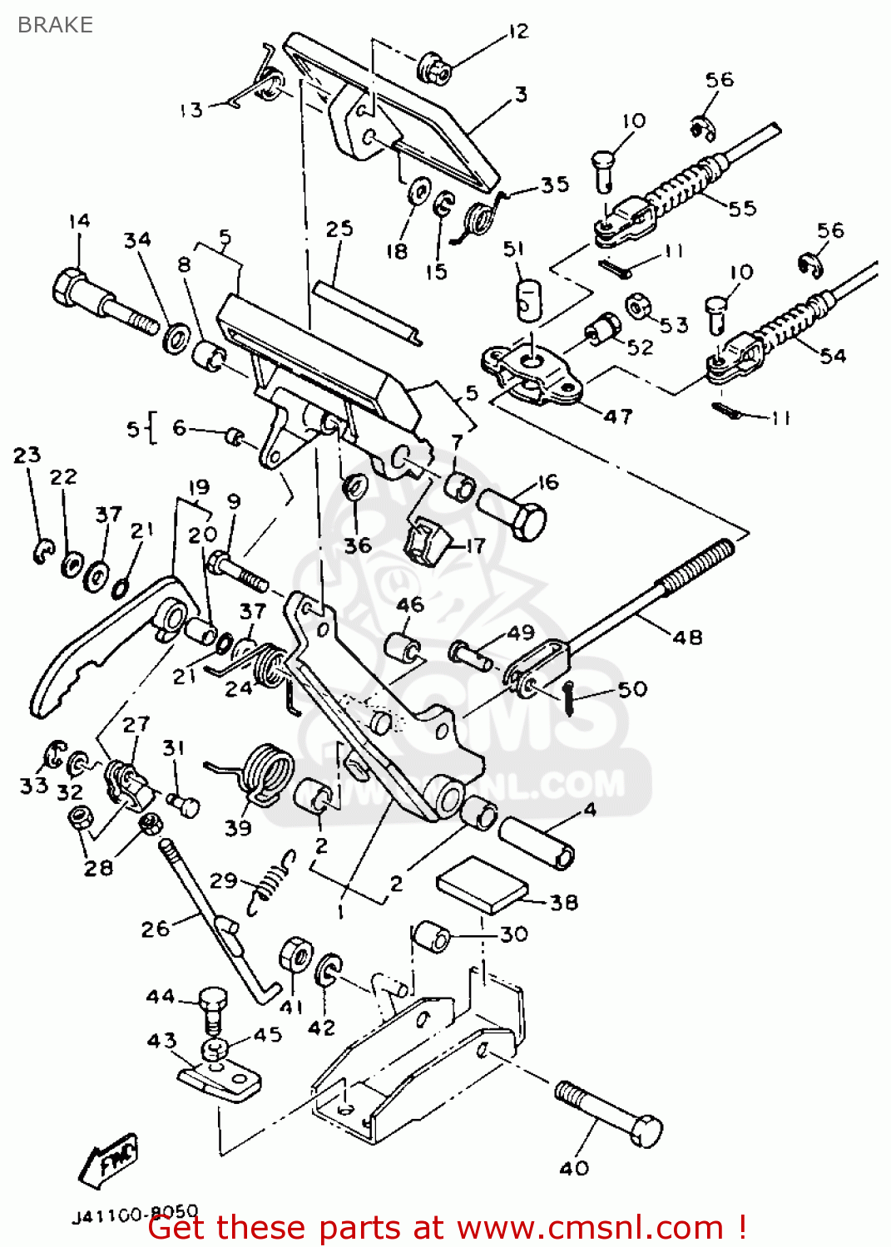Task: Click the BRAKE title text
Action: coord(55,25)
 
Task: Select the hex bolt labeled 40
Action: coord(611,1110)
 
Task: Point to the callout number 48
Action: coord(687,638)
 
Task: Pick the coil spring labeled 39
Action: coord(262,773)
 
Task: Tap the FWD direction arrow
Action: coord(110,1159)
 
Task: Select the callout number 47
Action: coord(617,416)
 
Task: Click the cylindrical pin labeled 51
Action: coord(527,300)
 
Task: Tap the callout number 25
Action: coord(339,229)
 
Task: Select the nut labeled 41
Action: coord(295,955)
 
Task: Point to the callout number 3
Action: coord(521,94)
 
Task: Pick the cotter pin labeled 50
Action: coord(568,697)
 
